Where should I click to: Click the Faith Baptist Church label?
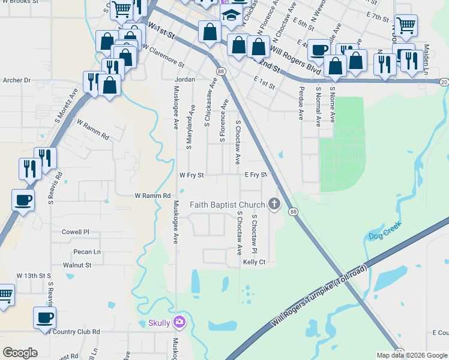(227, 205)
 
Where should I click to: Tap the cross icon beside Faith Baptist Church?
(274, 204)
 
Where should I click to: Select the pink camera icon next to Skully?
(179, 323)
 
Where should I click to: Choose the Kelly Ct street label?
(254, 262)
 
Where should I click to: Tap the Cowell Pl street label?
(75, 232)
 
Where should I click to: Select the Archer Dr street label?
(17, 80)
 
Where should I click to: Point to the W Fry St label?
(192, 176)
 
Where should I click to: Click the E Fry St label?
(255, 175)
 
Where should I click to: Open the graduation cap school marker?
(230, 17)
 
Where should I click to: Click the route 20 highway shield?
(444, 82)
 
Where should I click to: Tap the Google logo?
(20, 353)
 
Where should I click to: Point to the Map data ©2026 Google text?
(412, 355)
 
